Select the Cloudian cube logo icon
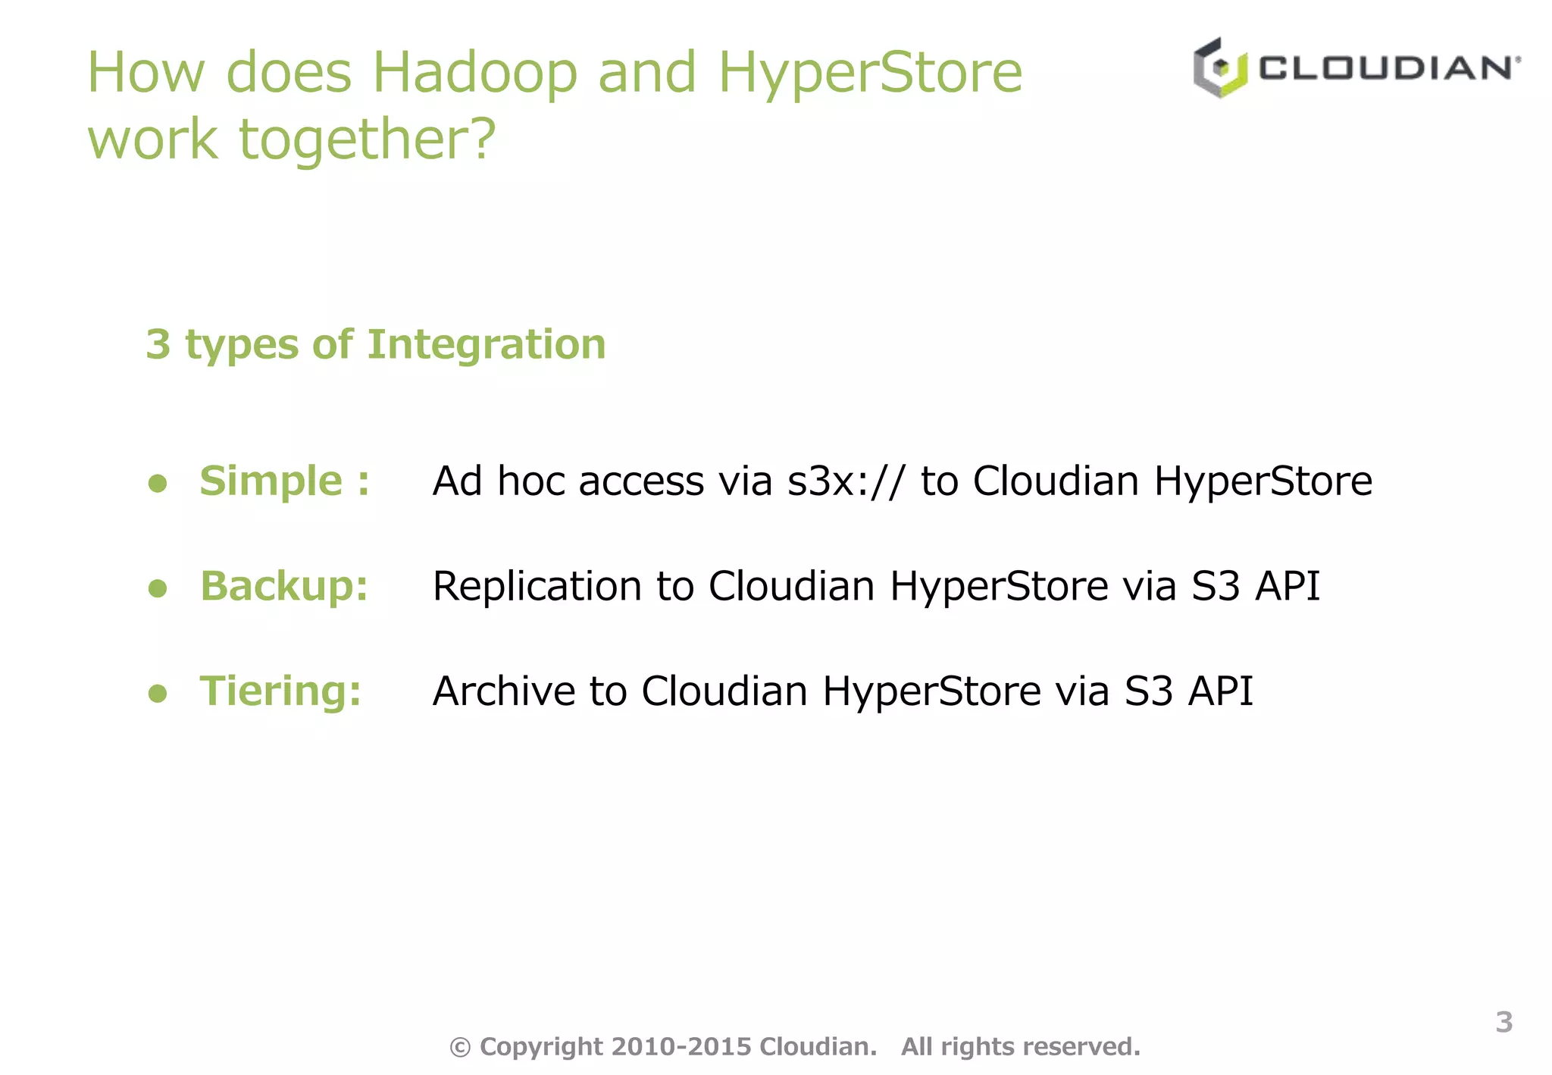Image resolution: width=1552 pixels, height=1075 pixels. point(1219,68)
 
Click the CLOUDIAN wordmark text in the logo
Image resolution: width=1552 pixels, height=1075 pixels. point(1388,68)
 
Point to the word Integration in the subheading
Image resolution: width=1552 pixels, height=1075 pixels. point(487,344)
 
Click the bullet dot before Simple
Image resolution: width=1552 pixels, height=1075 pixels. point(158,483)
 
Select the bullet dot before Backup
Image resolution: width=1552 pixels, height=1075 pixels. point(158,588)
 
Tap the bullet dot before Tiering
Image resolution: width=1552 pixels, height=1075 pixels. point(158,693)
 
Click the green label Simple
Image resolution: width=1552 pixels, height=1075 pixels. point(271,481)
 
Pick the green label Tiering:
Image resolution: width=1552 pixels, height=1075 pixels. point(280,691)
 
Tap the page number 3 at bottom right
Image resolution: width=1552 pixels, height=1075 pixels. point(1504,1022)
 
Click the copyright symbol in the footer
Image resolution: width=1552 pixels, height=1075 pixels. point(460,1047)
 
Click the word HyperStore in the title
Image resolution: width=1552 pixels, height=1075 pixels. point(870,73)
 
